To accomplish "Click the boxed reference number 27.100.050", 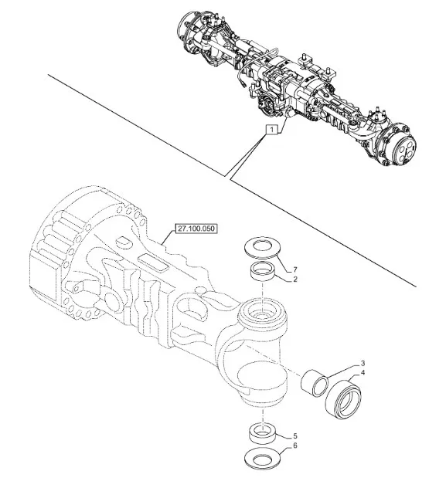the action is pos(196,229).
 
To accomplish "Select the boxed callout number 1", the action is pos(271,129).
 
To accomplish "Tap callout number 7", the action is pos(295,269).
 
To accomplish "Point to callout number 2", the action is pos(295,280).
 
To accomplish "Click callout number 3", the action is pos(363,363).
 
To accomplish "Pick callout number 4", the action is pos(363,372).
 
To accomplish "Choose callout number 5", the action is pos(295,436).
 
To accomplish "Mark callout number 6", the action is pos(295,446).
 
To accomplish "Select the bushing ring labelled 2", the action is pos(262,272).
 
